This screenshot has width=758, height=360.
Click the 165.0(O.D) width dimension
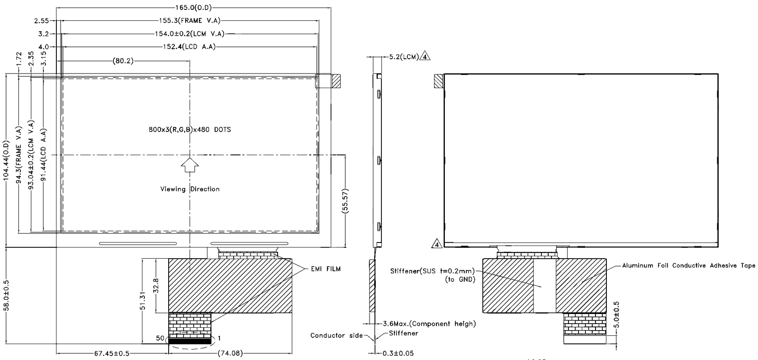pyautogui.click(x=193, y=8)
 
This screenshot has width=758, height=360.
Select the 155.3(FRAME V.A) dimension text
pyautogui.click(x=190, y=20)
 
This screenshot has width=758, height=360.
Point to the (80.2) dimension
pyautogui.click(x=123, y=61)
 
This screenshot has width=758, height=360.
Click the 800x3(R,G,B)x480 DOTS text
pyautogui.click(x=189, y=129)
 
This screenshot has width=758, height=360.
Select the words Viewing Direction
pyautogui.click(x=190, y=189)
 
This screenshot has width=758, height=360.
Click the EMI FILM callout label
pyautogui.click(x=325, y=269)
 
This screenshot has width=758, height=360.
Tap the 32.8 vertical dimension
pyautogui.click(x=156, y=286)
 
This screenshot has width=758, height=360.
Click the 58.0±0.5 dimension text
pyautogui.click(x=7, y=295)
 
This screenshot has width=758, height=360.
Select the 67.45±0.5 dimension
pyautogui.click(x=112, y=353)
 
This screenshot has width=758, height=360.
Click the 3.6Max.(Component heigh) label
pyautogui.click(x=429, y=324)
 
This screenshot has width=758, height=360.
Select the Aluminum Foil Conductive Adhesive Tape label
pyautogui.click(x=688, y=265)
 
